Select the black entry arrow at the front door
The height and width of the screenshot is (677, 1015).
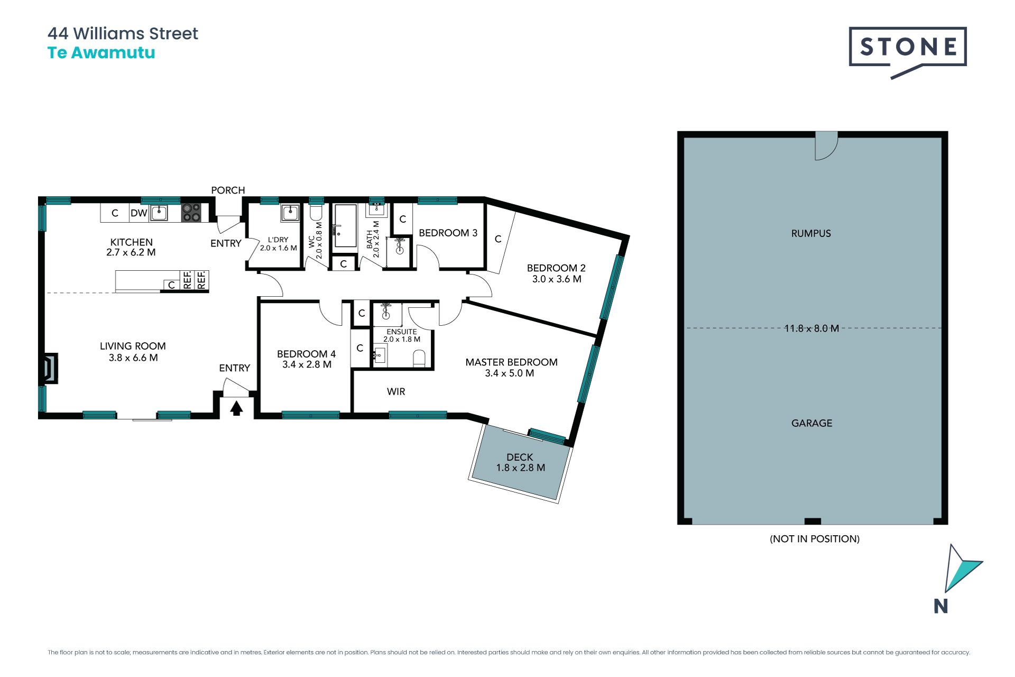(236, 408)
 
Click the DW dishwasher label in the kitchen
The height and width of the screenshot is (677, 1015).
(139, 213)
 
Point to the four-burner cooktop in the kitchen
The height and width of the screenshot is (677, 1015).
(191, 213)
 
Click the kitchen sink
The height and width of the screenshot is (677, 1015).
(159, 213)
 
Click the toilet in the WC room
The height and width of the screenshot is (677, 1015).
(316, 212)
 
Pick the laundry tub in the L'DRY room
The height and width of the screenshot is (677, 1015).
(290, 213)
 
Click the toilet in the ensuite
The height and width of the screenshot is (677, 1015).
(419, 358)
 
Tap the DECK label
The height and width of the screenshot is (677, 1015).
(520, 457)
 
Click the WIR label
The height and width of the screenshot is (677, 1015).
(396, 391)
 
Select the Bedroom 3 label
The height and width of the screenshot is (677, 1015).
(448, 233)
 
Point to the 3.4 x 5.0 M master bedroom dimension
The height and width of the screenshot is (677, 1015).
(510, 373)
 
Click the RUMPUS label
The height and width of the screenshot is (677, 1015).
(811, 233)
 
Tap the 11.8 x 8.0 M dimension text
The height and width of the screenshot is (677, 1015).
(811, 328)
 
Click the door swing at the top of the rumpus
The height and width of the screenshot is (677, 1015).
(826, 146)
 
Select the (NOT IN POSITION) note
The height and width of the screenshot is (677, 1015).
(815, 539)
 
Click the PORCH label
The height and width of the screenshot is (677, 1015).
(228, 190)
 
